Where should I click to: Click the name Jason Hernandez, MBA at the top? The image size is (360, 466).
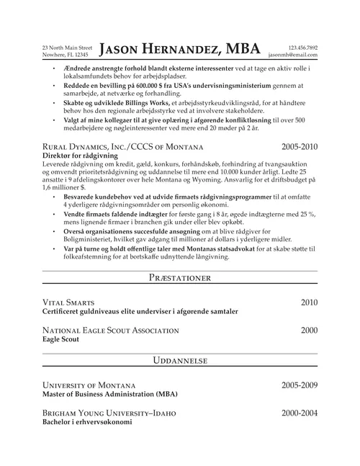point(180,49)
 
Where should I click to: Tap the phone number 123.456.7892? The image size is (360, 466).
point(302,47)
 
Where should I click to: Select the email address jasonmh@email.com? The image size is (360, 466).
point(292,55)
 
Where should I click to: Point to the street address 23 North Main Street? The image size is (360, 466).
point(67,47)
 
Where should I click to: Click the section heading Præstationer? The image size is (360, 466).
point(180,276)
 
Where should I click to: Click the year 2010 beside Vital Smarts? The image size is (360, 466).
point(308,303)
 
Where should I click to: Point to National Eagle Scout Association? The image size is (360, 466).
point(110,330)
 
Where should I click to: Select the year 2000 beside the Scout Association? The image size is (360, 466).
point(308,330)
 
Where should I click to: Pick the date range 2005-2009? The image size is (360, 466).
point(299,386)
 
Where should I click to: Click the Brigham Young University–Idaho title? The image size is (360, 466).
point(109,413)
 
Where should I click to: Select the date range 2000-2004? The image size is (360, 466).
point(299,413)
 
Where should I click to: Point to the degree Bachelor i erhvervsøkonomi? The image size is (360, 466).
point(92,423)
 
